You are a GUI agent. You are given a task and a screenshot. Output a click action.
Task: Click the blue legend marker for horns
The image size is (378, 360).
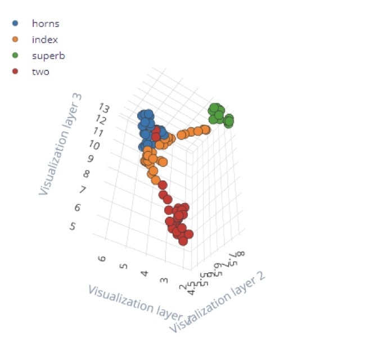pyautogui.click(x=15, y=24)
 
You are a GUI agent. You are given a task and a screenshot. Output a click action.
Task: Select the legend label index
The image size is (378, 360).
pyautogui.click(x=45, y=39)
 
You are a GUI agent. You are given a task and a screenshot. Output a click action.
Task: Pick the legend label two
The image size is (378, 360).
pyautogui.click(x=40, y=71)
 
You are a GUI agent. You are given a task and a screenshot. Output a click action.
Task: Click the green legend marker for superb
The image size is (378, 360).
pyautogui.click(x=15, y=56)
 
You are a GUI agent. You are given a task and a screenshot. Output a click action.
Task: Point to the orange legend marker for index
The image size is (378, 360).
pyautogui.click(x=15, y=39)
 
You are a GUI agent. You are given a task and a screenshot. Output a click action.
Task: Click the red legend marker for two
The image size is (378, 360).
pyautogui.click(x=15, y=71)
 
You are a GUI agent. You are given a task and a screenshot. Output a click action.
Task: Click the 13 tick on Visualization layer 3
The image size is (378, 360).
pyautogui.click(x=104, y=107)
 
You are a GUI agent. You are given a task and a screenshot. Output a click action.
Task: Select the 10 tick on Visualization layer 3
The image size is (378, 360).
pyautogui.click(x=95, y=146)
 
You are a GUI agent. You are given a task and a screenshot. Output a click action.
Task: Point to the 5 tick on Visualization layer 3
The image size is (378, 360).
pyautogui.click(x=73, y=226)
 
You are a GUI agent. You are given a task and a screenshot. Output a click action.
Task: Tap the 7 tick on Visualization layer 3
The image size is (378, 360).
pyautogui.click(x=83, y=190)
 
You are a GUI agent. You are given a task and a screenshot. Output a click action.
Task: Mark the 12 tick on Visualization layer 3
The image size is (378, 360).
pyautogui.click(x=102, y=119)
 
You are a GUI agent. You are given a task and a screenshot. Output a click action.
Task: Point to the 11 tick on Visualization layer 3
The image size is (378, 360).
pyautogui.click(x=98, y=132)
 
